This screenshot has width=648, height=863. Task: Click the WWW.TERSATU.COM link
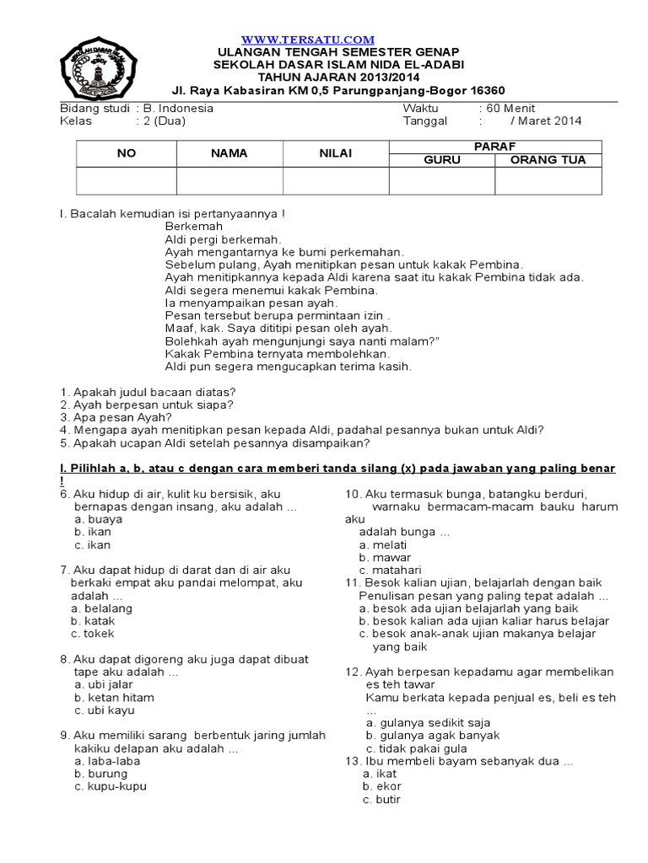(307, 40)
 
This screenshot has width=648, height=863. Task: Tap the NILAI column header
(335, 153)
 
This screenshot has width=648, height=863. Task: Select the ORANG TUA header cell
(548, 160)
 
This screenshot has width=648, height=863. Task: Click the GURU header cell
(442, 160)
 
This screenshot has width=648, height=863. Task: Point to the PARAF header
(494, 147)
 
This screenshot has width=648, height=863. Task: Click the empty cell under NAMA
(229, 180)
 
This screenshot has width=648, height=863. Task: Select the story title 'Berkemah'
(194, 227)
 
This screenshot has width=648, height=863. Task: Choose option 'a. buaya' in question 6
(98, 519)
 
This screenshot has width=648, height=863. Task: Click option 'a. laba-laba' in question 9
(107, 760)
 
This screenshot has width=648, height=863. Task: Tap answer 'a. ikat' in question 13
(380, 773)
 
